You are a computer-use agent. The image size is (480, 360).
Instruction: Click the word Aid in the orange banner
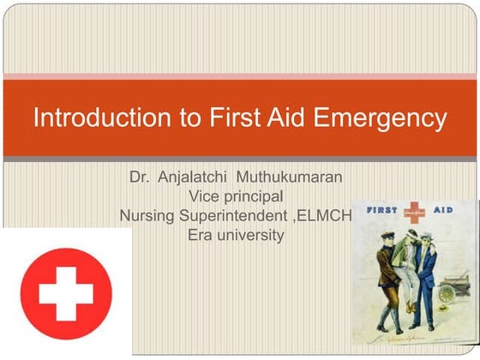289,117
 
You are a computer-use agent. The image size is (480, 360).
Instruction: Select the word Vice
202,196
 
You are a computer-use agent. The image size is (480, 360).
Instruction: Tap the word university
251,234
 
